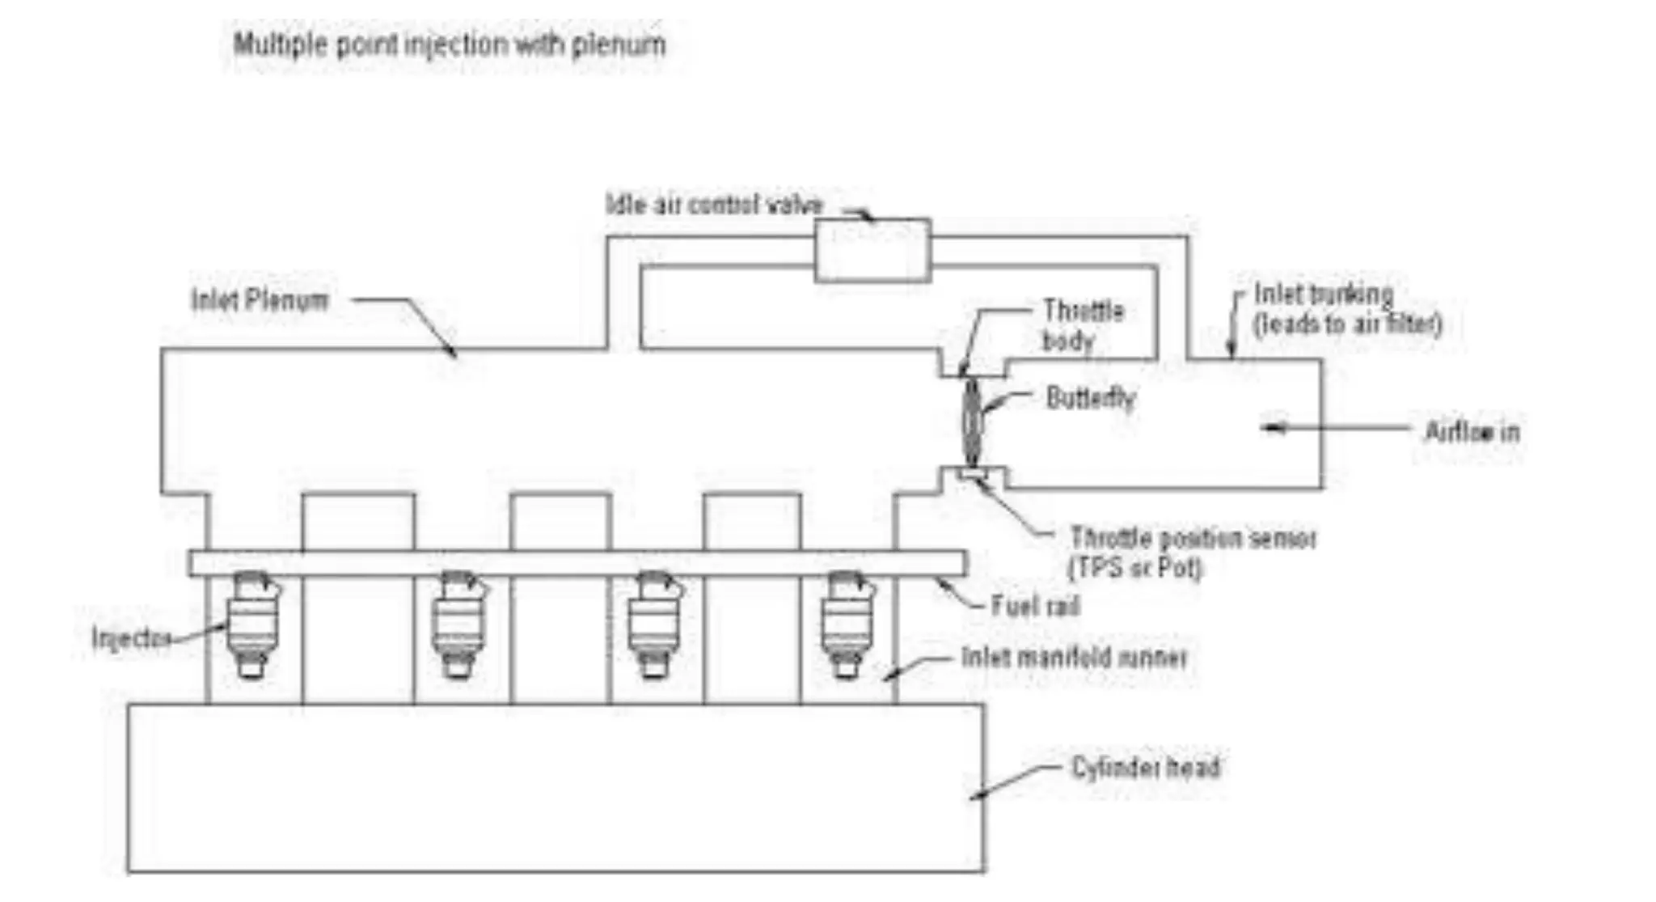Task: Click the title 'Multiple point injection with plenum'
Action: pos(450,44)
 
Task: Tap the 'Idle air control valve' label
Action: pos(714,205)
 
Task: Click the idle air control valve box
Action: pos(872,250)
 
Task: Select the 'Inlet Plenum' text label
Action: pos(260,300)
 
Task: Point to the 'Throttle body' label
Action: pos(1082,325)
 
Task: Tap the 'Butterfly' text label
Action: pos(1090,398)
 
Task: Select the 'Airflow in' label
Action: pos(1472,432)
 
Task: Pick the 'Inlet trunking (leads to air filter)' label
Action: pos(1346,309)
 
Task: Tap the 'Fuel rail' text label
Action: pos(1036,606)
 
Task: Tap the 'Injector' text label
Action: pos(130,638)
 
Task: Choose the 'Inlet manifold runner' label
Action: pos(1074,657)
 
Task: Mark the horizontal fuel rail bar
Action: pos(577,563)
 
